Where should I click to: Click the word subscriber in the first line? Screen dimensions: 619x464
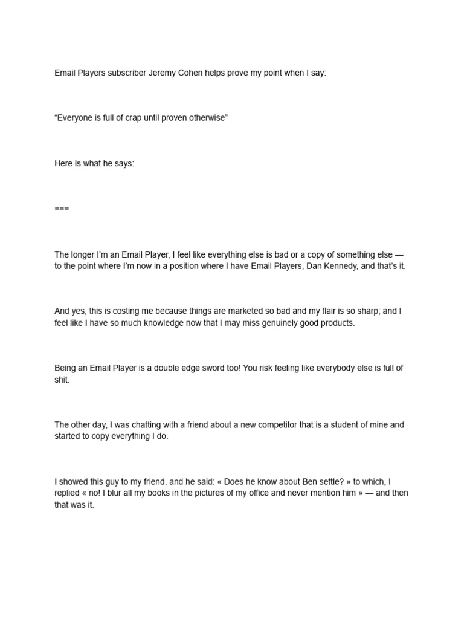click(126, 73)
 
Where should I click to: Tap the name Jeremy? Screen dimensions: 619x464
click(162, 73)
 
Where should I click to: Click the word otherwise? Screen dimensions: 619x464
click(206, 118)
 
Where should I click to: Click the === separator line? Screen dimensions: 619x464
click(62, 209)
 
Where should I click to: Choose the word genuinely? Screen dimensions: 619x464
click(284, 323)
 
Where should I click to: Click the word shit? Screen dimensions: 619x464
click(62, 380)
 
